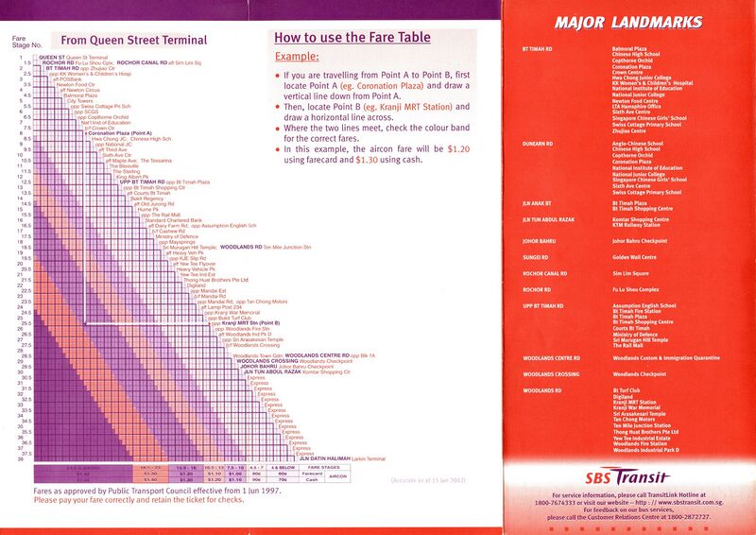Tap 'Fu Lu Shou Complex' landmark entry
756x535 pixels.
click(x=636, y=289)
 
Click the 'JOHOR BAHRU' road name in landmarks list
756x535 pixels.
click(x=538, y=240)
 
